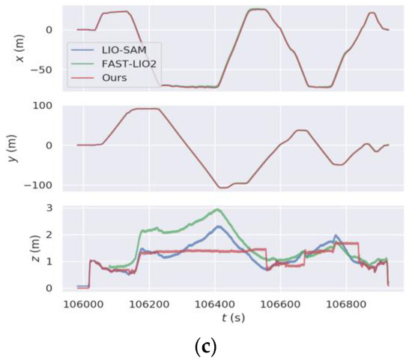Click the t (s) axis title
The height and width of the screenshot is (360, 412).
231,316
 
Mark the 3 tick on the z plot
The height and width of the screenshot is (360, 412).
49,207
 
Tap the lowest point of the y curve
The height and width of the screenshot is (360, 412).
222,187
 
